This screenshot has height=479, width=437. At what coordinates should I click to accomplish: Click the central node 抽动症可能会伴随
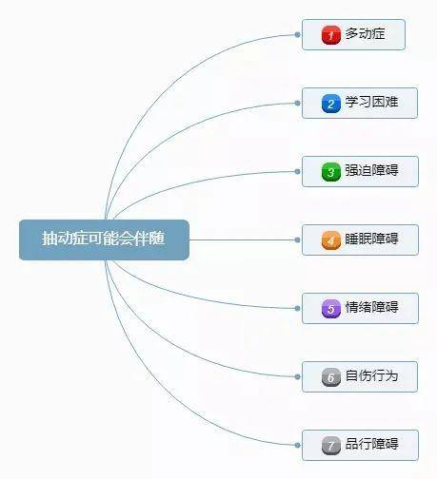[104, 239]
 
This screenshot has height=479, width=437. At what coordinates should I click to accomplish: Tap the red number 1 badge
[331, 35]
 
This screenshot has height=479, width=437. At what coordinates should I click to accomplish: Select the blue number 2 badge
[331, 104]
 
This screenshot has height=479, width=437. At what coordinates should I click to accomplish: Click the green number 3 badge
[331, 172]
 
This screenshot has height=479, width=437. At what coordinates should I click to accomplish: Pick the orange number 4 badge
[331, 240]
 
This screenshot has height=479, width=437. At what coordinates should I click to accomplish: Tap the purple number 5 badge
[331, 309]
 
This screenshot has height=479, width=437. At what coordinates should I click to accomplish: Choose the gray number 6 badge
[331, 377]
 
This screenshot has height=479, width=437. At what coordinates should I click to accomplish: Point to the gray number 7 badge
[331, 446]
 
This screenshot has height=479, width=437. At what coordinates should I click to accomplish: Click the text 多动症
[366, 33]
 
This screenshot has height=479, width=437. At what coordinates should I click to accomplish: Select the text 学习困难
[371, 102]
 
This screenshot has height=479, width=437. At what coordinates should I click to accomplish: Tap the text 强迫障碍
[371, 170]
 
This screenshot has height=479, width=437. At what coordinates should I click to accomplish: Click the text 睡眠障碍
[371, 239]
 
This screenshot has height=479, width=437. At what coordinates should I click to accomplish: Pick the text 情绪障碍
[371, 307]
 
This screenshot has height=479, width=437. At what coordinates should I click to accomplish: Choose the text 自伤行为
[371, 375]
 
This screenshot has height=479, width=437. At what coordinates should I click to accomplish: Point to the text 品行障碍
[371, 444]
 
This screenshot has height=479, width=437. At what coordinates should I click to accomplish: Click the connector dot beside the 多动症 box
[297, 35]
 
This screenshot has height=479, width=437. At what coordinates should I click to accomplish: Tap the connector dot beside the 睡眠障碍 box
[297, 240]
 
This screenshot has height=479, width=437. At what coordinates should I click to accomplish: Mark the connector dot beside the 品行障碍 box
[297, 446]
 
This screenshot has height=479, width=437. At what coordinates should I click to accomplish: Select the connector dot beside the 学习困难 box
[297, 104]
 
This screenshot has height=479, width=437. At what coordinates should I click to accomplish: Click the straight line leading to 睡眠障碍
[242, 240]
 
